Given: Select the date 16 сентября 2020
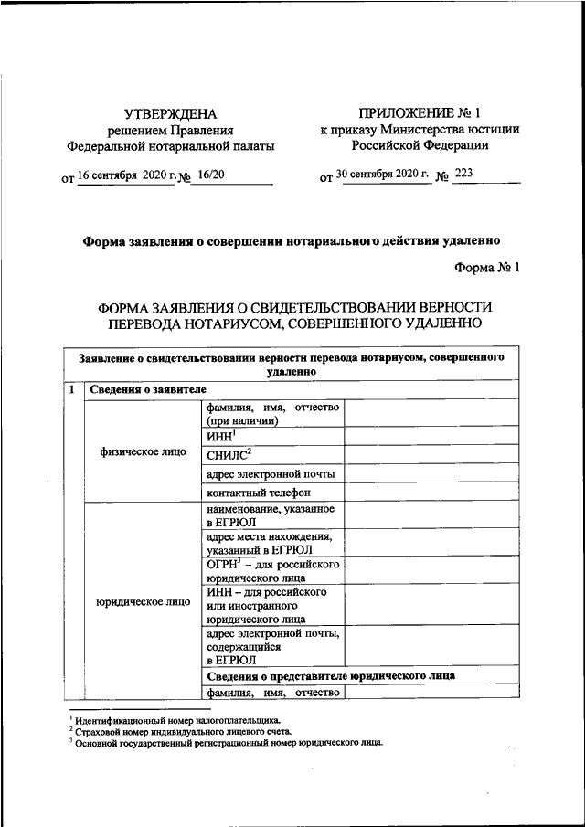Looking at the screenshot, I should tap(118, 175).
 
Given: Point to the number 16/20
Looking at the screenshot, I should tap(212, 175).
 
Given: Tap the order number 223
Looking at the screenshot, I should tap(464, 175).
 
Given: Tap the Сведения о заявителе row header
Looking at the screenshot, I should tap(142, 390).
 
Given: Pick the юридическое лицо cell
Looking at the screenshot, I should tap(142, 602).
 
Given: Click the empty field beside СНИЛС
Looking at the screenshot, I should tap(432, 454).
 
